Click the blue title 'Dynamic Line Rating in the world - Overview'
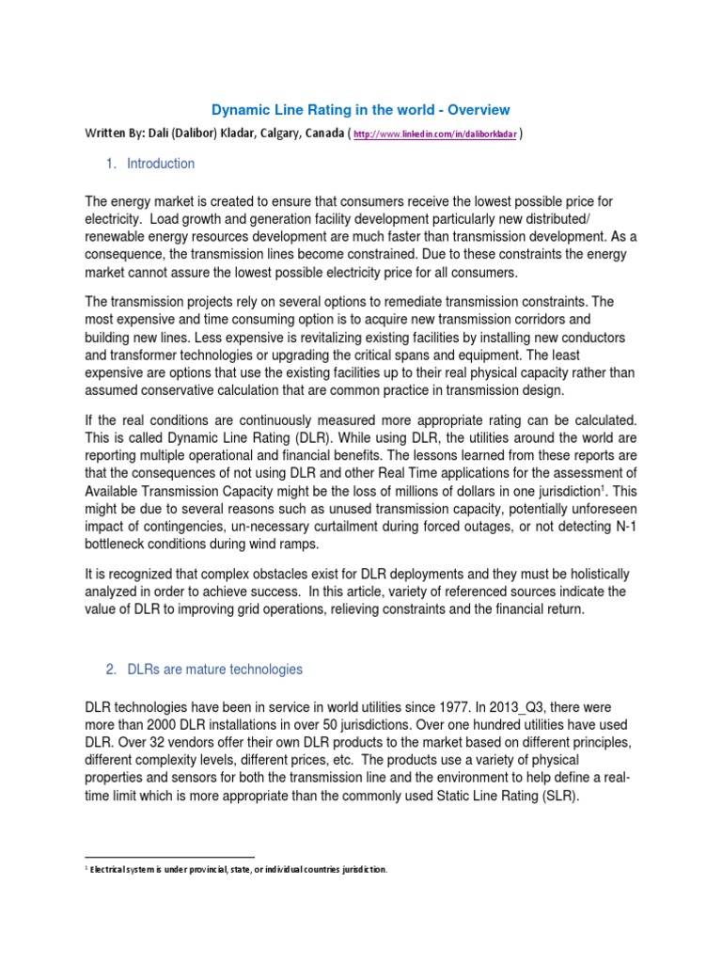(x=359, y=110)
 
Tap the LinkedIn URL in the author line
(x=434, y=135)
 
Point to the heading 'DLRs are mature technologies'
(x=216, y=670)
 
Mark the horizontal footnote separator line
(x=169, y=857)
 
